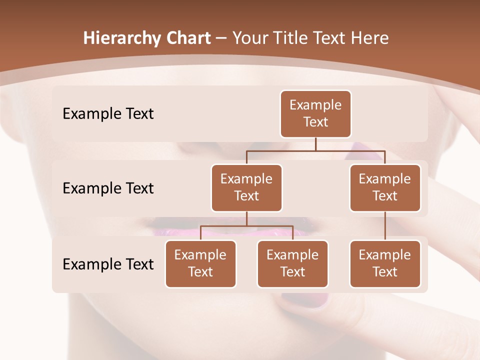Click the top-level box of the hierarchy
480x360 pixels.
(x=315, y=114)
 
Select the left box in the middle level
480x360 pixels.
(x=246, y=188)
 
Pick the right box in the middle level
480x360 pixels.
(x=385, y=188)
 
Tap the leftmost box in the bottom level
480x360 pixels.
(x=200, y=264)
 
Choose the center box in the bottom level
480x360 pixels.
(x=292, y=264)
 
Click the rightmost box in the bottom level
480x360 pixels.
(x=385, y=264)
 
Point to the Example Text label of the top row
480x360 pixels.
(x=108, y=114)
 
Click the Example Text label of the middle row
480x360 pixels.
(x=108, y=188)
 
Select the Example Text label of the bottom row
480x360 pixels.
(x=108, y=264)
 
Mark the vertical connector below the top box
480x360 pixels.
(x=315, y=144)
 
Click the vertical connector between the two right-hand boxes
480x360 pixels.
(x=385, y=226)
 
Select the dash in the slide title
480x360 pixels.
(x=221, y=38)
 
